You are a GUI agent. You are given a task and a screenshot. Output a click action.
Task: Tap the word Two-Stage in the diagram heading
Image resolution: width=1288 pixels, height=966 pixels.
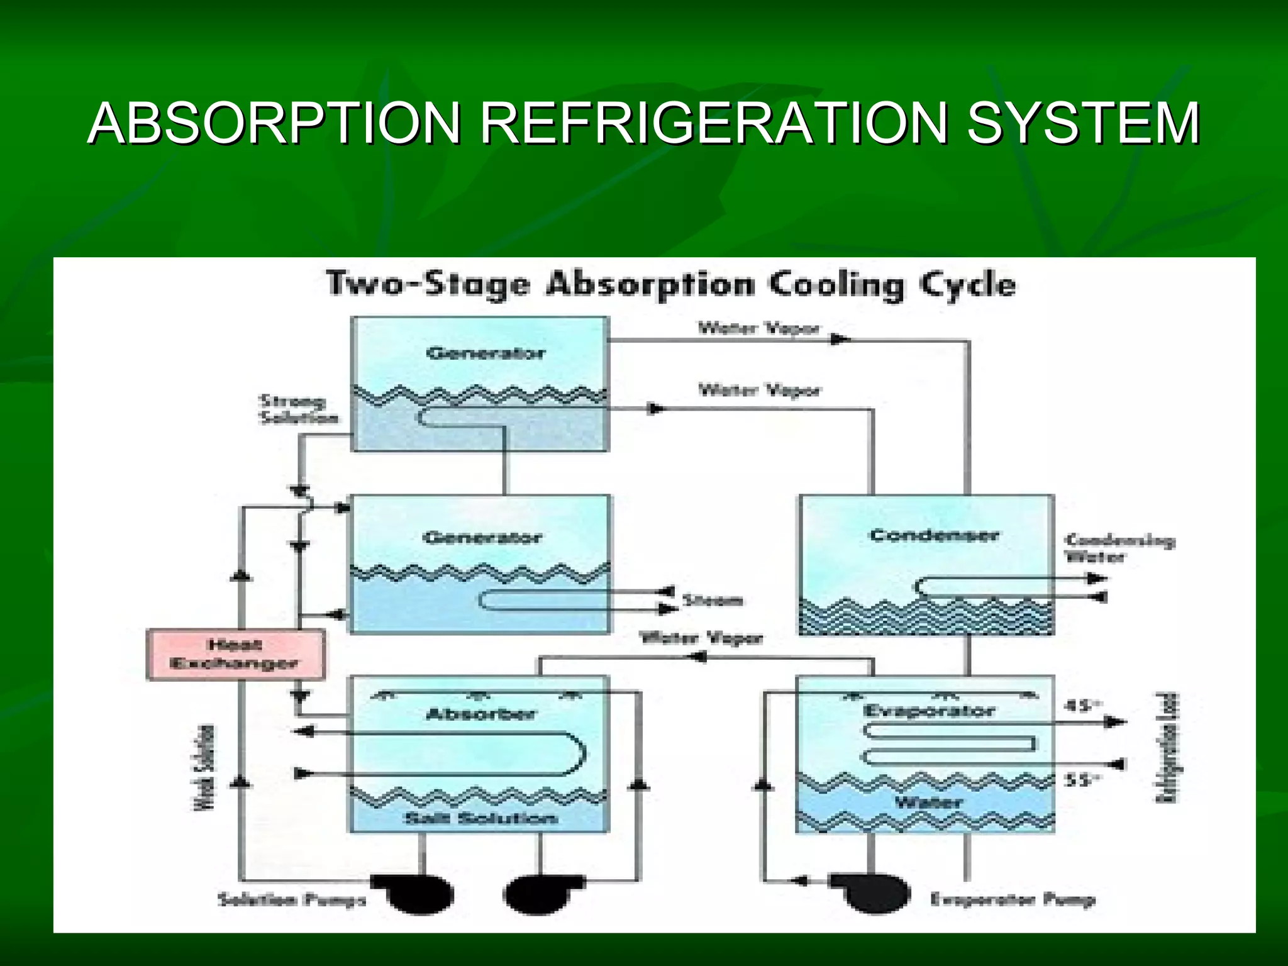(428, 284)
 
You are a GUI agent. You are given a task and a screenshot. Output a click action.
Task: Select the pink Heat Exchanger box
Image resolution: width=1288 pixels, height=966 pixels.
(236, 655)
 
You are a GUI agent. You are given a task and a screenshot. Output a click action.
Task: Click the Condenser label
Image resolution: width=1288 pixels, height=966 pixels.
(934, 535)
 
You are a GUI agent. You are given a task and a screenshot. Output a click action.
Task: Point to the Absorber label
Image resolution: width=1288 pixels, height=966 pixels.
(480, 714)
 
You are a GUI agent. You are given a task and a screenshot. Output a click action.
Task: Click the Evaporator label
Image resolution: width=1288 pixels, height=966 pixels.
(929, 711)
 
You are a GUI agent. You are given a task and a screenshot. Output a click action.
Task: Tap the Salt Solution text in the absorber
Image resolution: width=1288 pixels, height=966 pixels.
(481, 818)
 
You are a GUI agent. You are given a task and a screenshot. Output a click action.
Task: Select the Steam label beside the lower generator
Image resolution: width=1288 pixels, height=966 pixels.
(712, 601)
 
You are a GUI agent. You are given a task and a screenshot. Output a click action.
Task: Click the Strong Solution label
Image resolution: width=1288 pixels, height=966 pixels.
(298, 409)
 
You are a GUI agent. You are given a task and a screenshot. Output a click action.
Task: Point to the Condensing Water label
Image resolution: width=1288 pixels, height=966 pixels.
(1119, 548)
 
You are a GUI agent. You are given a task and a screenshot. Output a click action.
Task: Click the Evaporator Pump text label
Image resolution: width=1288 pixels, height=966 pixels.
(1013, 899)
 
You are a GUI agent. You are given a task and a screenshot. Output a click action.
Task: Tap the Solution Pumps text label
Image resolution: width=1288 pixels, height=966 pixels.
(292, 899)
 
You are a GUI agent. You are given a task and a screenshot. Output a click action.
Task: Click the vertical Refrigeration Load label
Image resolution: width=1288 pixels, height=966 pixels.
(1167, 748)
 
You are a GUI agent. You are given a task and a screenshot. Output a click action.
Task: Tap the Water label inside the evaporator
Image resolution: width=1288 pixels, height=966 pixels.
(928, 802)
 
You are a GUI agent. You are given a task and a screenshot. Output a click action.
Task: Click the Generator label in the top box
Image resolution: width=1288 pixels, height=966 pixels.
(485, 353)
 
